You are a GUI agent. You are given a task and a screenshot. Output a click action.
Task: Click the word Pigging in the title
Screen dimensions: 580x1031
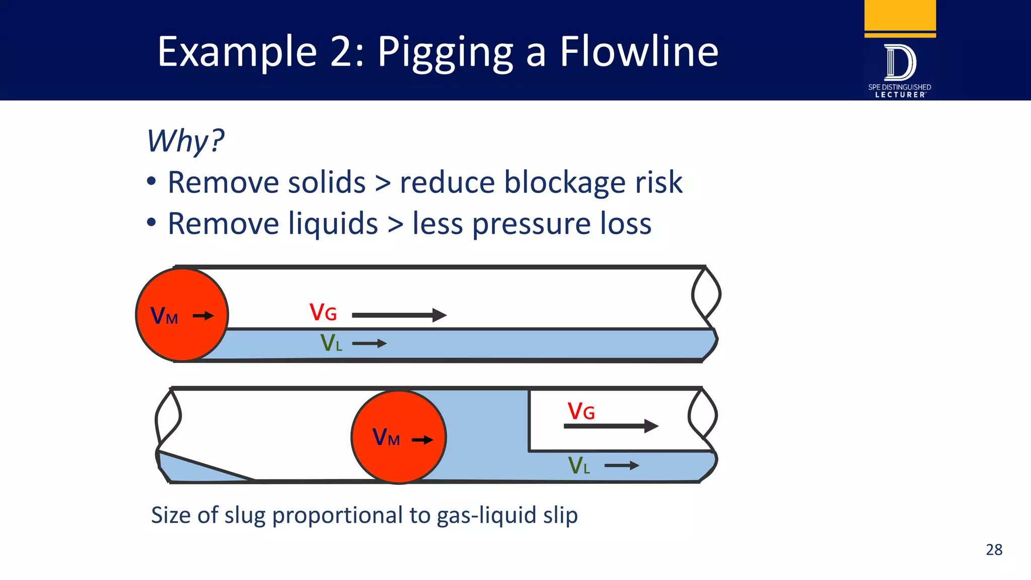tap(445, 53)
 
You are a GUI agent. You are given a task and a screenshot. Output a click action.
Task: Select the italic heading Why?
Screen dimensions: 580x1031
tap(185, 141)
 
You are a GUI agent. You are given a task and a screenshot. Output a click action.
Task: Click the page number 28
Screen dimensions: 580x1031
tap(994, 549)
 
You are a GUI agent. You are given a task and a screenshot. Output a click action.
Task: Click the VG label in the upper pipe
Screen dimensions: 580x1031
tap(323, 313)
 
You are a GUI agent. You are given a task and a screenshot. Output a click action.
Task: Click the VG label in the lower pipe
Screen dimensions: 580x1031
tap(581, 411)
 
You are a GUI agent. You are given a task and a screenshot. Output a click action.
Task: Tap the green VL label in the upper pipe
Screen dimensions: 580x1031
tap(331, 343)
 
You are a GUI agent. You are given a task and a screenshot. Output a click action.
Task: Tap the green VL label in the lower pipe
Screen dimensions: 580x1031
tap(578, 466)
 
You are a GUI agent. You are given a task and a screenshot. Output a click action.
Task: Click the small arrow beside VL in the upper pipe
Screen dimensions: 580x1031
tap(369, 344)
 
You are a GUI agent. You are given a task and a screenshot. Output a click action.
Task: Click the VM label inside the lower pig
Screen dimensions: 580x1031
tap(386, 438)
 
